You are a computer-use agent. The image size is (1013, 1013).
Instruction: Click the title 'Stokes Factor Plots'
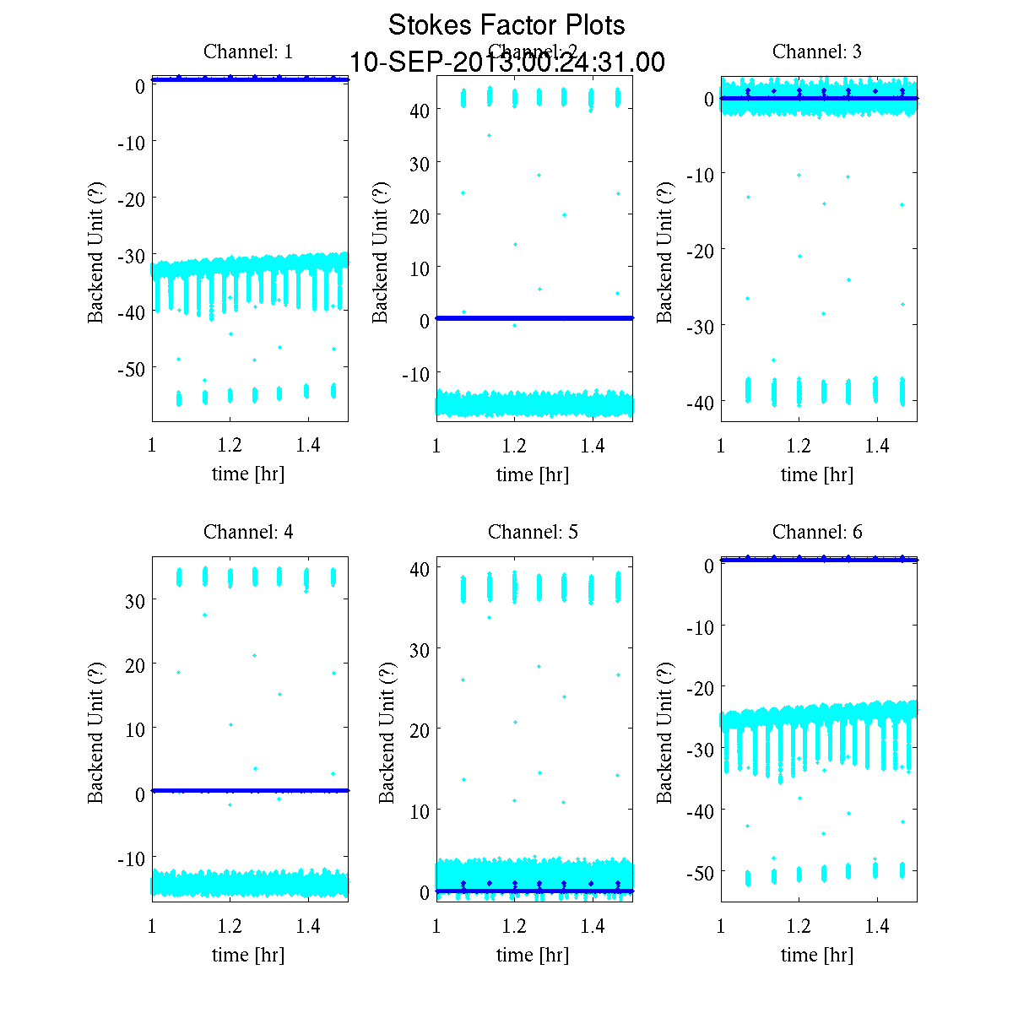coord(506,25)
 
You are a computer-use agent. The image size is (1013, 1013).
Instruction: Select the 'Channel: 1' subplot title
coord(248,51)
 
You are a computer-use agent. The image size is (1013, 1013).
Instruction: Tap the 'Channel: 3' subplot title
coord(817,51)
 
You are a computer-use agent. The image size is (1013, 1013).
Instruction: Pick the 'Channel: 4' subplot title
coord(248,532)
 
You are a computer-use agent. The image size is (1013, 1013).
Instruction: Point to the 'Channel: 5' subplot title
coord(533,532)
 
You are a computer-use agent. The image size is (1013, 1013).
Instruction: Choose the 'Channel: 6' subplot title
coord(817,532)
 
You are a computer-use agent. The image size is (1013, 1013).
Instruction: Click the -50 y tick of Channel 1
coord(131,369)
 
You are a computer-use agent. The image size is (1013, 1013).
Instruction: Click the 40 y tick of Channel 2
coord(420,111)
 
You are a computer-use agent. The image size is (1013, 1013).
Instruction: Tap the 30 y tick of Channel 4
coord(135,601)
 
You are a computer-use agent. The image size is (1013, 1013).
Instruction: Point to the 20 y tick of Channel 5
coord(420,729)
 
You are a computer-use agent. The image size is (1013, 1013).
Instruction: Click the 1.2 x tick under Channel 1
coord(230,446)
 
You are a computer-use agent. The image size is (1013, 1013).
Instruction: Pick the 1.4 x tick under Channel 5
coord(593,926)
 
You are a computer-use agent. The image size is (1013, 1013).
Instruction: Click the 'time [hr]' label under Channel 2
coord(533,474)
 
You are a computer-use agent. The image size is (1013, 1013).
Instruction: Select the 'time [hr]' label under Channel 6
coord(817,955)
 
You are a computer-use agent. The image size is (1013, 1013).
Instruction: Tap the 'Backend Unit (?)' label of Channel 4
coord(95,733)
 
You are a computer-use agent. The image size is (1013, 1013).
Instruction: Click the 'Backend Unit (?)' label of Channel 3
coord(665,252)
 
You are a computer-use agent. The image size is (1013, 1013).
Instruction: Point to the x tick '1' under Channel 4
coord(152,926)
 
